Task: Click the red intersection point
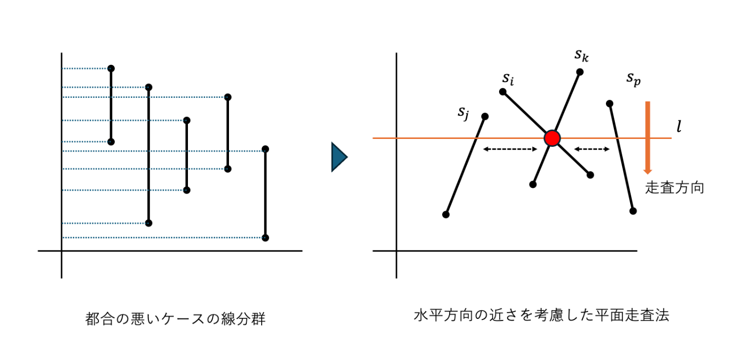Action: [552, 138]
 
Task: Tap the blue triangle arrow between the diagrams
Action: [338, 157]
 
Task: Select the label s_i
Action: [508, 79]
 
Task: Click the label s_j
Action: [463, 112]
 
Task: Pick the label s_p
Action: [633, 78]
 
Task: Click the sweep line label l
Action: [679, 128]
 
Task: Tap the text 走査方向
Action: [674, 188]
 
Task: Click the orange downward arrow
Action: [648, 137]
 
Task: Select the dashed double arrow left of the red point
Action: [510, 149]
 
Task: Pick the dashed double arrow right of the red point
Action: [592, 149]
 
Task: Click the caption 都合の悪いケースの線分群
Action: [175, 319]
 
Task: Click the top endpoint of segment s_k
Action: [580, 72]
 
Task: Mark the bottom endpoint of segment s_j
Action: [446, 214]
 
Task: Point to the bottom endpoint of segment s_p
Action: [633, 211]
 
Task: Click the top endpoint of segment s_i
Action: [503, 92]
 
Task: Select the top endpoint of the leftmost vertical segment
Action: [111, 68]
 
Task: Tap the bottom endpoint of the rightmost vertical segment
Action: [265, 238]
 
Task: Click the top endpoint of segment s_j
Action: [485, 116]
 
